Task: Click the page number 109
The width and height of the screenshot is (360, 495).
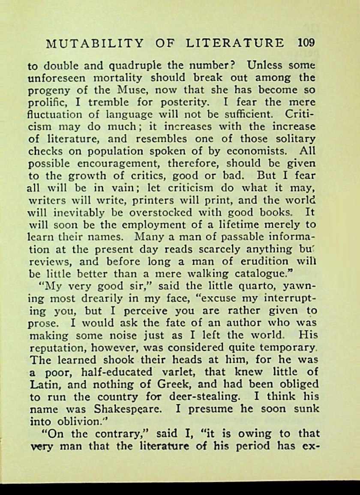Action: tap(306, 43)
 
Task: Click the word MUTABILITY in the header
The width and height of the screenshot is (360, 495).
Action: tap(94, 43)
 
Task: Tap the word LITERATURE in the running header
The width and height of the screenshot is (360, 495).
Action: tap(235, 43)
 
